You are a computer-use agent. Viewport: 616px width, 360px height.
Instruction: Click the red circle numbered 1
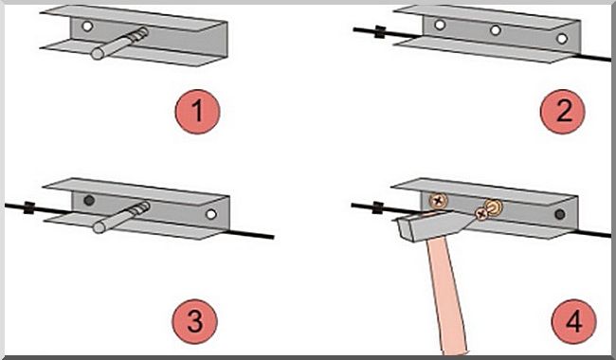click(x=197, y=112)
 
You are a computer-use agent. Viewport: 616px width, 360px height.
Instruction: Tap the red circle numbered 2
click(x=563, y=112)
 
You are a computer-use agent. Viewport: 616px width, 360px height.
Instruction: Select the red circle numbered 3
click(x=194, y=321)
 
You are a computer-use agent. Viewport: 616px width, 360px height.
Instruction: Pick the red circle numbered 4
click(x=574, y=321)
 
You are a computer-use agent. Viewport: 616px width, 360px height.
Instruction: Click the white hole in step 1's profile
click(x=87, y=27)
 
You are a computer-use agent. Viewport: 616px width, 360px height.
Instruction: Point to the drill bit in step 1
click(x=119, y=44)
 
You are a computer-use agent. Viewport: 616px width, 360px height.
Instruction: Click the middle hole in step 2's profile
click(x=496, y=29)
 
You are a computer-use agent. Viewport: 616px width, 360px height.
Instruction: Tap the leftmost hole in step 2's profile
click(x=440, y=25)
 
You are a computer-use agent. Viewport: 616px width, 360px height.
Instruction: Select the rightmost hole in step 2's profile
click(x=562, y=39)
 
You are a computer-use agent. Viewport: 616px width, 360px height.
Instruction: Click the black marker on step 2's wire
click(x=379, y=32)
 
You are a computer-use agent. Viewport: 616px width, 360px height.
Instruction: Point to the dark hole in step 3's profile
click(x=89, y=200)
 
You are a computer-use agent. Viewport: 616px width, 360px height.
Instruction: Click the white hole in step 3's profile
click(x=211, y=214)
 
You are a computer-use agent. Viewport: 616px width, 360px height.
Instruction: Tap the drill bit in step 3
click(x=122, y=218)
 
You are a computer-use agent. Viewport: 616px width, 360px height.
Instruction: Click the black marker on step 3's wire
click(x=28, y=207)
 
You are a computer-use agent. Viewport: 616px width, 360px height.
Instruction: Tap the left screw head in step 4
click(x=438, y=201)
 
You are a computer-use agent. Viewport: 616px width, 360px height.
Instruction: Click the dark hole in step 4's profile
click(x=560, y=214)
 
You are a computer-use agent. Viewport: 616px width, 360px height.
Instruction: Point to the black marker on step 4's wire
click(x=377, y=207)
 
